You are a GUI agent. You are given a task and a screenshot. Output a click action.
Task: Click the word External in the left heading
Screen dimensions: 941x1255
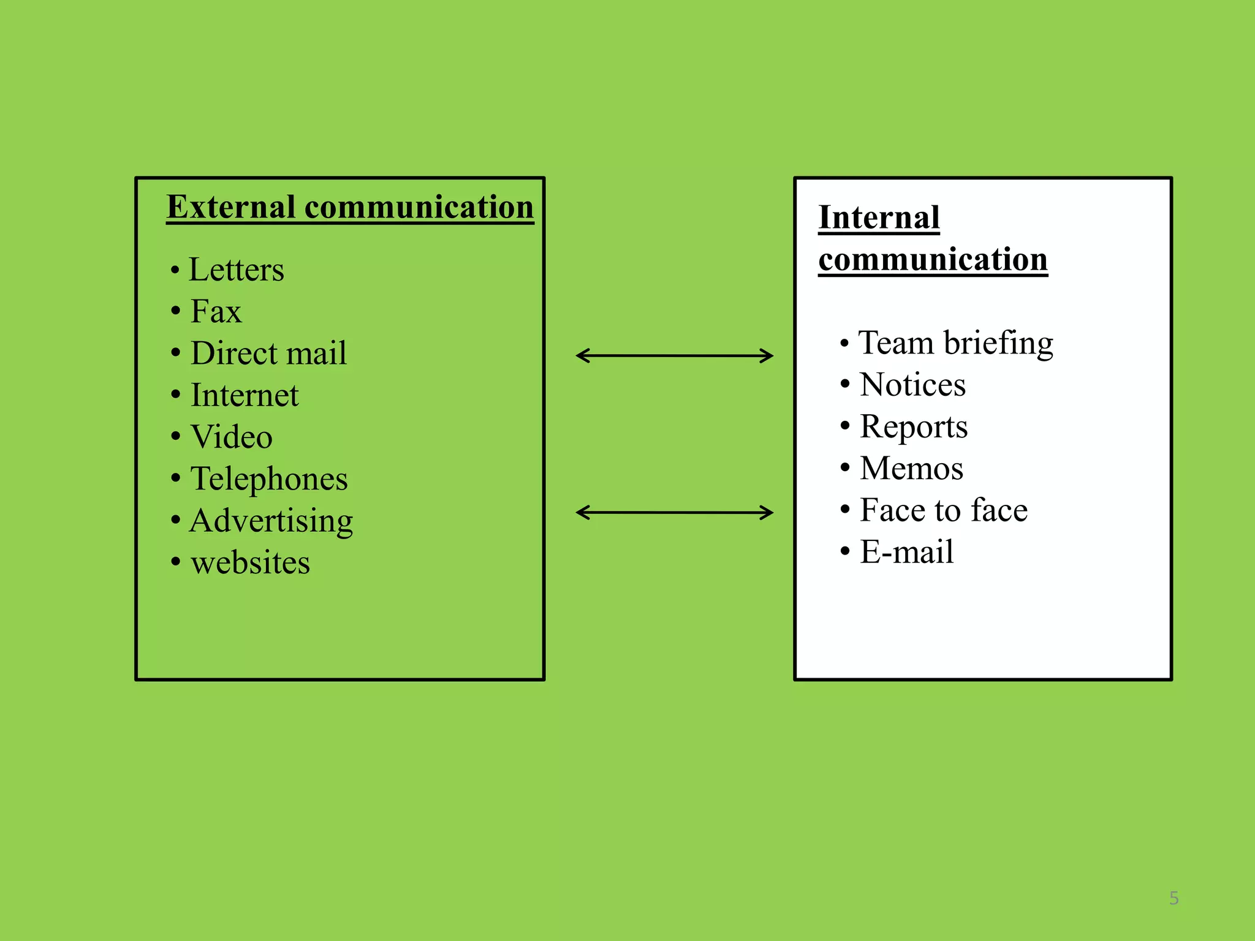point(232,207)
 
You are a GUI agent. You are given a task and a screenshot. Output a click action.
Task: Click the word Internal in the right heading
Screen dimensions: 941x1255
point(879,217)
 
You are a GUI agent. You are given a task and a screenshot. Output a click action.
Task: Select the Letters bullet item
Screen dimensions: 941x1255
point(236,270)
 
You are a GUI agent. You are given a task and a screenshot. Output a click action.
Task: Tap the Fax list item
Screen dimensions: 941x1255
point(216,311)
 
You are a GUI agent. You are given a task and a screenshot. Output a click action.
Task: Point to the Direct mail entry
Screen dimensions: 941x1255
point(268,353)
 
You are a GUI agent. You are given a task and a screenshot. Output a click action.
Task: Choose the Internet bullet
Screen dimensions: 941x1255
point(245,395)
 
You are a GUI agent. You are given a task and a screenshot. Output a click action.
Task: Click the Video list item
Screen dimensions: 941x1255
point(232,437)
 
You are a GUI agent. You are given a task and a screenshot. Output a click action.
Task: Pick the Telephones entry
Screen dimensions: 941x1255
point(269,478)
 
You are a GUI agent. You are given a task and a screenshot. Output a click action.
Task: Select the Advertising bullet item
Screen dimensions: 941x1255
point(271,521)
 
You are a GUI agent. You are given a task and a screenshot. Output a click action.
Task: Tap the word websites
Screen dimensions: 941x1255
point(250,562)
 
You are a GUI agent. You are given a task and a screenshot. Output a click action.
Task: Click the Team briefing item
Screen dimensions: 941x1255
point(955,343)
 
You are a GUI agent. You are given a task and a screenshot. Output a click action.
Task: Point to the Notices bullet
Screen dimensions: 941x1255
point(912,385)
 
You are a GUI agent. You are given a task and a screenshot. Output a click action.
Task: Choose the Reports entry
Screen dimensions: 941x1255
point(914,426)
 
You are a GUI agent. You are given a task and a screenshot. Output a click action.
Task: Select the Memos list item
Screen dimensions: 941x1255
point(911,468)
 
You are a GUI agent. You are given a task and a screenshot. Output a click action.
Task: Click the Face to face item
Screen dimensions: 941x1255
point(944,510)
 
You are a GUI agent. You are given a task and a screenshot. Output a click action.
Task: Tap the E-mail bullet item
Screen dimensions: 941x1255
point(906,552)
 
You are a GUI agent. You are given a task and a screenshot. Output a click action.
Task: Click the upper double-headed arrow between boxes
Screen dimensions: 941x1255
point(675,355)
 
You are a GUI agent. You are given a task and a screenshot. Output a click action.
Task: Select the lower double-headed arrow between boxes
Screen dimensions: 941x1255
point(675,512)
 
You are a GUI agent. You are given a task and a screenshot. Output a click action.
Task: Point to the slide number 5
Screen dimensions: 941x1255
point(1173,898)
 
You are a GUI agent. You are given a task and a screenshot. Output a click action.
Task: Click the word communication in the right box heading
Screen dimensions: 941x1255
point(933,259)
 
